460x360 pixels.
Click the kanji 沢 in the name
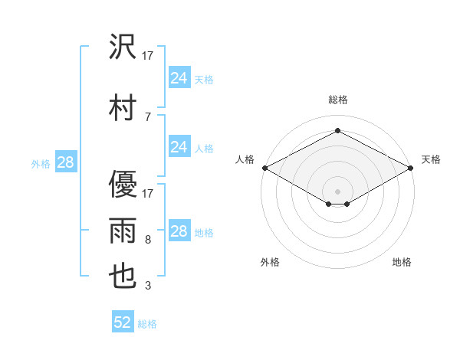click(x=123, y=47)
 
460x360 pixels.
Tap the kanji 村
click(x=123, y=106)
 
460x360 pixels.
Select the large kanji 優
click(x=123, y=184)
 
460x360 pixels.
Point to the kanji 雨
click(x=123, y=231)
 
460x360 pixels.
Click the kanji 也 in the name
click(x=123, y=277)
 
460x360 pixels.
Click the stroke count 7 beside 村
click(x=147, y=117)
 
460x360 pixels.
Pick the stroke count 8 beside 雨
click(x=147, y=241)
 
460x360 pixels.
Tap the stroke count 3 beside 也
click(x=147, y=286)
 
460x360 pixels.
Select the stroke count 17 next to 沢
click(x=149, y=56)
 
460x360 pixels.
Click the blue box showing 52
click(x=123, y=322)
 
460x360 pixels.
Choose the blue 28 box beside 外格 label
click(x=65, y=162)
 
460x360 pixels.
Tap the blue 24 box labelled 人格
click(x=179, y=147)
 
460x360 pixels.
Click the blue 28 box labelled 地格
click(x=179, y=231)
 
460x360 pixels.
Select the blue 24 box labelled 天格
click(x=179, y=78)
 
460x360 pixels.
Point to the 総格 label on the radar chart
click(x=337, y=100)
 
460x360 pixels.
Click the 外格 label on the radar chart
click(x=270, y=262)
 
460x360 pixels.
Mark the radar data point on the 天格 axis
click(x=411, y=168)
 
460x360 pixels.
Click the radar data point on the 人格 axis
click(x=264, y=168)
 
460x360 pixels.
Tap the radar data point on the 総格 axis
click(x=337, y=130)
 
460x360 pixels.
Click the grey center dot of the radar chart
click(x=337, y=191)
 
